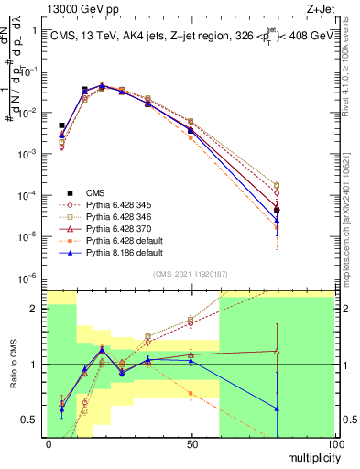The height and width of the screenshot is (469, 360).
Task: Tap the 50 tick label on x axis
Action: tap(191, 443)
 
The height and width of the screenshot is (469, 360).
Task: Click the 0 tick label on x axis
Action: tap(49, 443)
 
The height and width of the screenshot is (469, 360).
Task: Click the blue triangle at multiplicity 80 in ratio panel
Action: tap(277, 409)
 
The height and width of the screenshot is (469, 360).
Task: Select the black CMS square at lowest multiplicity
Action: tap(62, 125)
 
